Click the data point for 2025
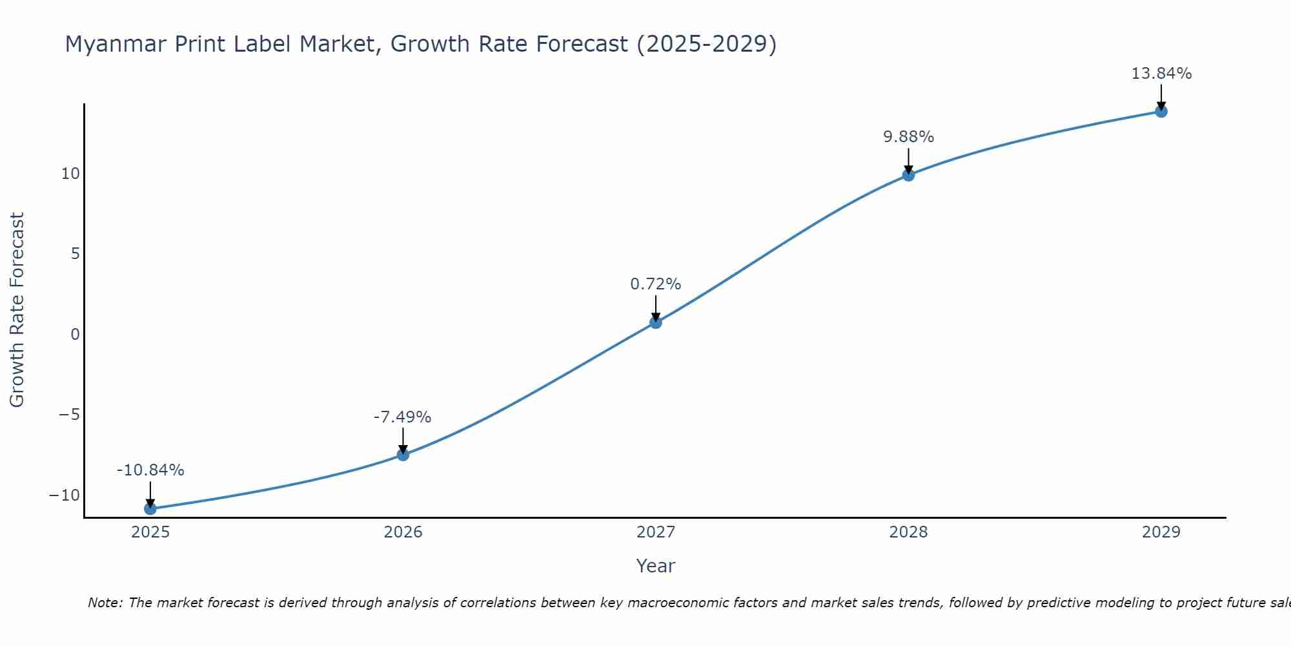[x=150, y=508]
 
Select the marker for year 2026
[x=403, y=454]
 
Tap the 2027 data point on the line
[x=656, y=322]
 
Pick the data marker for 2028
[x=908, y=174]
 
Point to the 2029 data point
[x=1161, y=111]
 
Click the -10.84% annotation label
[x=150, y=470]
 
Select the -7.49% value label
[x=402, y=417]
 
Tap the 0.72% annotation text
[x=656, y=284]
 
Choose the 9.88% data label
[x=908, y=137]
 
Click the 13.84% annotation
[x=1161, y=74]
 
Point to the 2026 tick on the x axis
[x=403, y=532]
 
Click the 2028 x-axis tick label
[x=908, y=532]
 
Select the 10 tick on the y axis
[x=70, y=174]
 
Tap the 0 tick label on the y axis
[x=76, y=335]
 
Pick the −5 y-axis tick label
[x=68, y=415]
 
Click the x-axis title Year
[x=655, y=566]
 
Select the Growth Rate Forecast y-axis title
[x=17, y=309]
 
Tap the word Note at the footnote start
[x=104, y=603]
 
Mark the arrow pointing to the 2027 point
[x=656, y=307]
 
